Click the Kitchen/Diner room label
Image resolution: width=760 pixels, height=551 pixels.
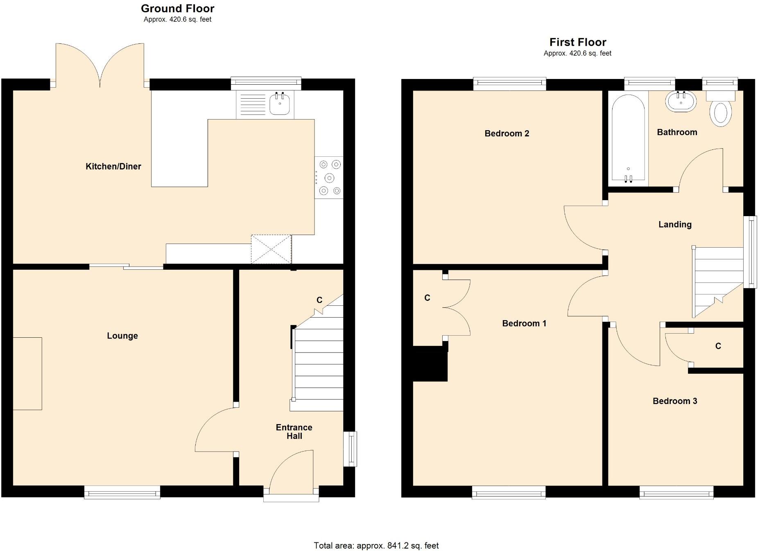113,166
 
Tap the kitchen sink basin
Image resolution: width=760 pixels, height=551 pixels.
280,104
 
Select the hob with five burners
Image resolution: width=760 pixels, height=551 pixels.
329,178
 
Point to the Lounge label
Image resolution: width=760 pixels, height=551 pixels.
122,336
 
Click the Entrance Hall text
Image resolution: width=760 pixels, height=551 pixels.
294,431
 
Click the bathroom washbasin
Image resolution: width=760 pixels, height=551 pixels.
681,102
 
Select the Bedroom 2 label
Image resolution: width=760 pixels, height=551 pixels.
507,133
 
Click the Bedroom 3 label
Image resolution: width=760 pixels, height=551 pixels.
674,401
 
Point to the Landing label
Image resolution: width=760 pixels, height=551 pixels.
674,224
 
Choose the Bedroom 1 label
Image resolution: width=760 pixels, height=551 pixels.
524,323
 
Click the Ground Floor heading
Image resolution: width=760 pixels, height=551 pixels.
177,9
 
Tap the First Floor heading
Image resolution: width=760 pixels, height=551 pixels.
577,42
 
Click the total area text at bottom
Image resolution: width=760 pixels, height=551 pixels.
376,545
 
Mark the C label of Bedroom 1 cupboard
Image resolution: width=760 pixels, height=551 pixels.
427,298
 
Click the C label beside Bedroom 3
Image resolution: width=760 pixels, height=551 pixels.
718,346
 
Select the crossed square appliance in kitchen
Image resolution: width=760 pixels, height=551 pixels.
271,249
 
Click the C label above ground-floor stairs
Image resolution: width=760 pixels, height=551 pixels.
319,300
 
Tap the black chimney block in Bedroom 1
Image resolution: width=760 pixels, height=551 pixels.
430,364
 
